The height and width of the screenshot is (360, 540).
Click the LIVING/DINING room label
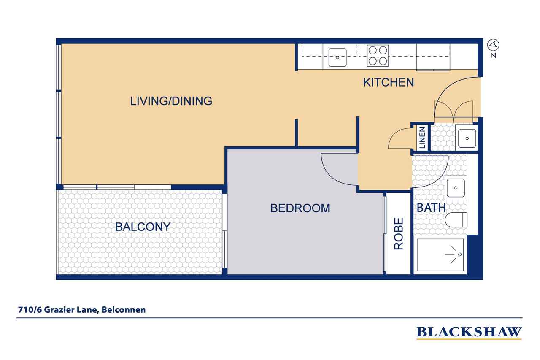[x=171, y=101]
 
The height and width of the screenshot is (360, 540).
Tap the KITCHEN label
[x=389, y=82]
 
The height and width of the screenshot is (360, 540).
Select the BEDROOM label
[x=300, y=208]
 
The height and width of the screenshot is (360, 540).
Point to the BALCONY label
[x=143, y=227]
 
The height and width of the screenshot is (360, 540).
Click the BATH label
[x=431, y=208]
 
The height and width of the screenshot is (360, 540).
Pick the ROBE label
[x=399, y=234]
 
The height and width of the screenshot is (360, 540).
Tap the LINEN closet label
[x=422, y=138]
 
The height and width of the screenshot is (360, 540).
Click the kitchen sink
[x=337, y=57]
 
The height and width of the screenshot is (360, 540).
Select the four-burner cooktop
[x=378, y=56]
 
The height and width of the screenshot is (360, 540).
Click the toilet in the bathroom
[x=456, y=219]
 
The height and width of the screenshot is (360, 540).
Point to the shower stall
[x=440, y=254]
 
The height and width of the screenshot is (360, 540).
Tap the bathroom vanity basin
[x=456, y=188]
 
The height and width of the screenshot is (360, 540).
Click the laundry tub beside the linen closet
[x=467, y=138]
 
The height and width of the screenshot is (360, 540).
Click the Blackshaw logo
[x=469, y=333]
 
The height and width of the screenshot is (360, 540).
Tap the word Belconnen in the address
[x=124, y=310]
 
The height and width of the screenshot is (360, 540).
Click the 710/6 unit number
[x=30, y=310]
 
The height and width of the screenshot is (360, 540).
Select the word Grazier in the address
[x=59, y=310]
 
